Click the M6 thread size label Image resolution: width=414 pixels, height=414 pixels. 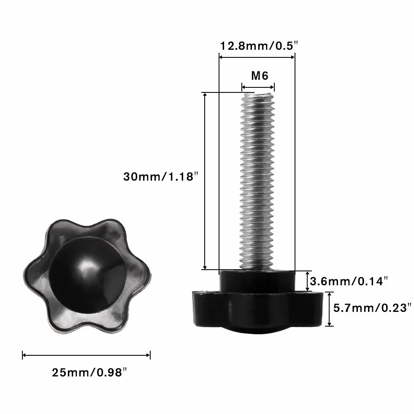pos(260,76)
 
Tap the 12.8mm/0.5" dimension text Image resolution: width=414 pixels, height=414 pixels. pos(259,46)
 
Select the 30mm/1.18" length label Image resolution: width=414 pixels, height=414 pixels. pos(160,177)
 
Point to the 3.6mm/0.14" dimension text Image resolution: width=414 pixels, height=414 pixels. pos(349,281)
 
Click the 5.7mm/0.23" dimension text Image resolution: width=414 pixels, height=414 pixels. pos(372,308)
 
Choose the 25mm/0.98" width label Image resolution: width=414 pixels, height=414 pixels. pos(89,373)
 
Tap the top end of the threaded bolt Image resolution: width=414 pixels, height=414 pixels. pos(257,94)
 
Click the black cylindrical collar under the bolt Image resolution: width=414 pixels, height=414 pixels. pos(257,281)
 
